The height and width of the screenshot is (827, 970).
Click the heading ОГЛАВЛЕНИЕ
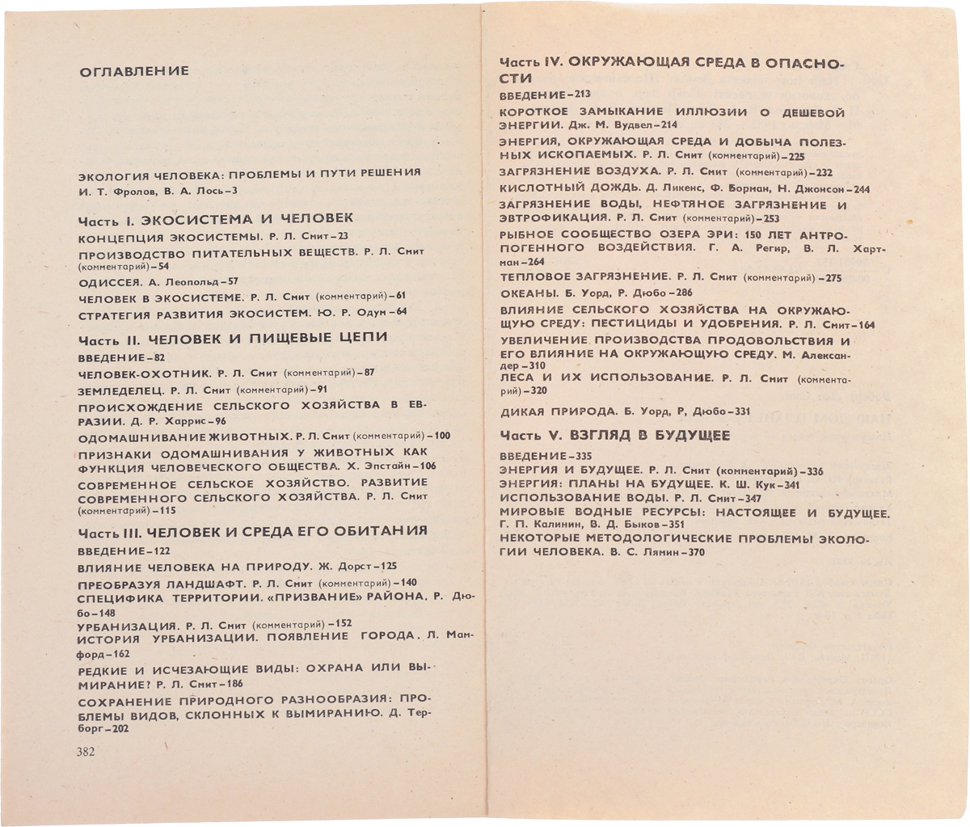(134, 71)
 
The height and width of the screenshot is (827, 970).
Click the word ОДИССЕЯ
(109, 282)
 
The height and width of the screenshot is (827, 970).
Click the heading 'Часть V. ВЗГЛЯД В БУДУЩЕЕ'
(614, 436)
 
